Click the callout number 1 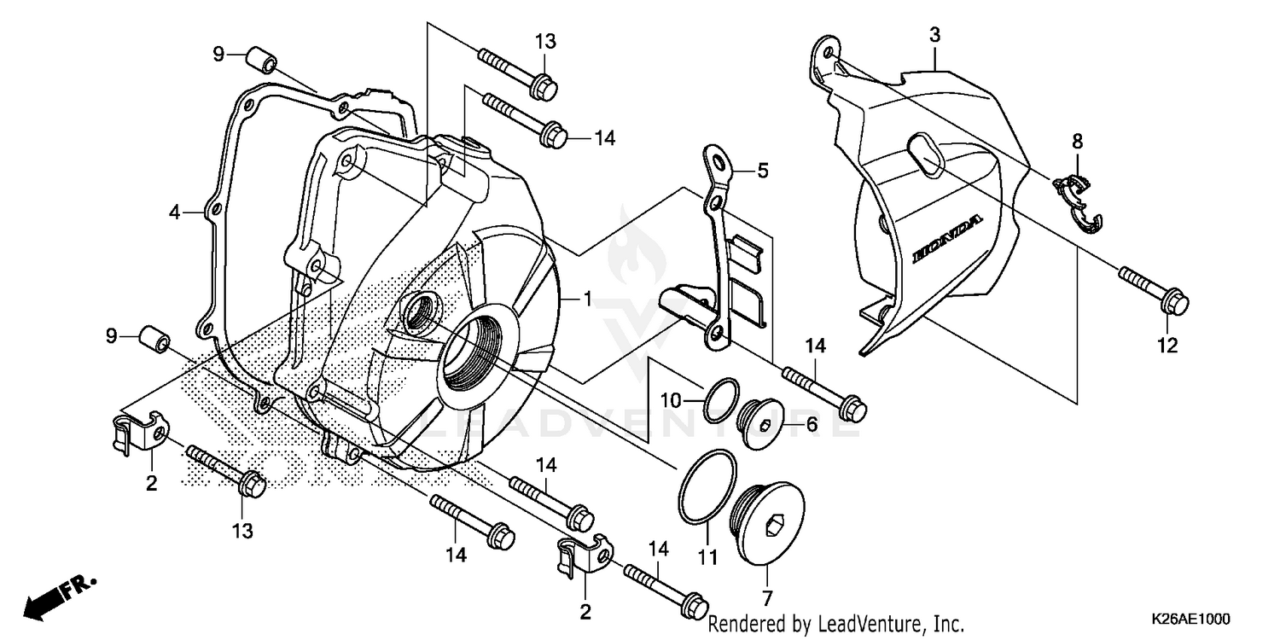coord(587,299)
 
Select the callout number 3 coord(935,35)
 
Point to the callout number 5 coord(762,171)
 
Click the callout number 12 coord(1167,346)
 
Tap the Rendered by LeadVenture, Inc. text coord(836,624)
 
